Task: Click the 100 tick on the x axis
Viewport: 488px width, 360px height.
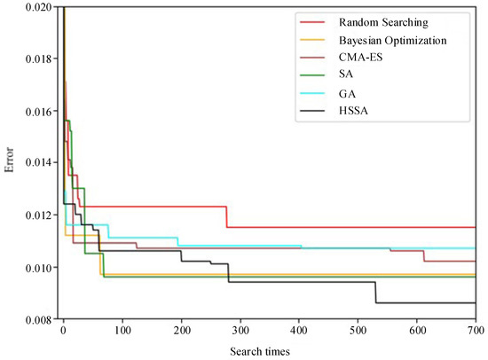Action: (122, 332)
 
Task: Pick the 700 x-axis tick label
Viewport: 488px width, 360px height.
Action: (475, 332)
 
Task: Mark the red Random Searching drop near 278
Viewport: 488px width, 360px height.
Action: (227, 216)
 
